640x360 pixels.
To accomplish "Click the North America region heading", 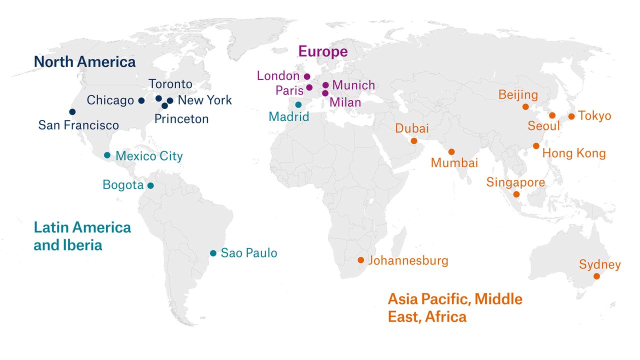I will [84, 62].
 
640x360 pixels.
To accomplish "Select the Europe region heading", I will [323, 51].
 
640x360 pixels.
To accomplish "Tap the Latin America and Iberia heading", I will [82, 236].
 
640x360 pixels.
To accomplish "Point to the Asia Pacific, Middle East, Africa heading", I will [455, 307].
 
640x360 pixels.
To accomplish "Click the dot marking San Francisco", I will [72, 111].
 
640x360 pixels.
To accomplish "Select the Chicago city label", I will [110, 100].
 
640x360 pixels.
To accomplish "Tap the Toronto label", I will [170, 84].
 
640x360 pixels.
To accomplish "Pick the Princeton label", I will [181, 119].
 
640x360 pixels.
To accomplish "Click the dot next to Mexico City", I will [107, 155].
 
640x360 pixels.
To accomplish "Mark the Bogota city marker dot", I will [150, 186].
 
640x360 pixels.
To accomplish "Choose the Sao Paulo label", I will [249, 253].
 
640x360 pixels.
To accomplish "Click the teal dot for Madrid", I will [298, 105].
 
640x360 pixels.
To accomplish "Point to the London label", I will [278, 76].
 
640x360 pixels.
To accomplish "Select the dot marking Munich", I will [325, 85].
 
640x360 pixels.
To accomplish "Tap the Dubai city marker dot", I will [414, 141].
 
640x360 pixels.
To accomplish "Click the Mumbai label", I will [454, 163].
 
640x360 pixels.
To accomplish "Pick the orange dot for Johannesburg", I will [361, 260].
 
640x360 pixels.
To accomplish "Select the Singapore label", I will [515, 182].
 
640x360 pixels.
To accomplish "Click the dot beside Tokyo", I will [571, 116].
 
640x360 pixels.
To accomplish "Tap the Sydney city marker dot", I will [596, 276].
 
